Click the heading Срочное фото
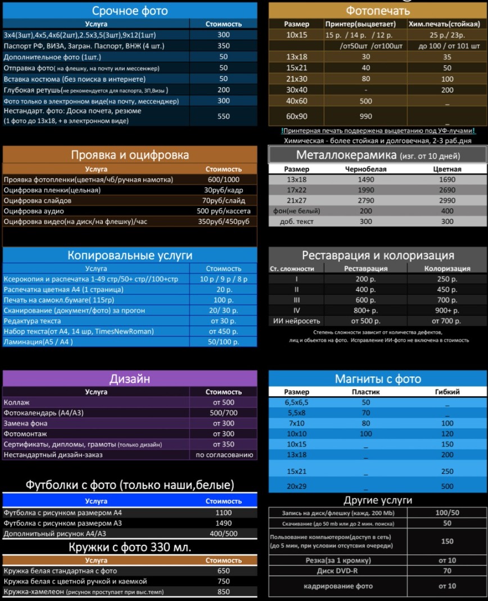130,11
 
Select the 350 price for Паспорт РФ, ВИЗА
224,46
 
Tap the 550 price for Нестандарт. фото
224,116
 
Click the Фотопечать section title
377,11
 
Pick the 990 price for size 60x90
367,116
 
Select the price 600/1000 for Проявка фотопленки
224,180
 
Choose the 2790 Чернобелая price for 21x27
366,200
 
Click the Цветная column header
448,169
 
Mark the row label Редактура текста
32,321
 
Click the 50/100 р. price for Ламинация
224,342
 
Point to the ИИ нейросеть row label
296,321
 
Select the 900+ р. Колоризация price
448,311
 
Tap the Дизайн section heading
130,379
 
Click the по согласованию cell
224,455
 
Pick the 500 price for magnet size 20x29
448,486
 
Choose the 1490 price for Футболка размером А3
224,523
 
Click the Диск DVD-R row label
337,571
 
